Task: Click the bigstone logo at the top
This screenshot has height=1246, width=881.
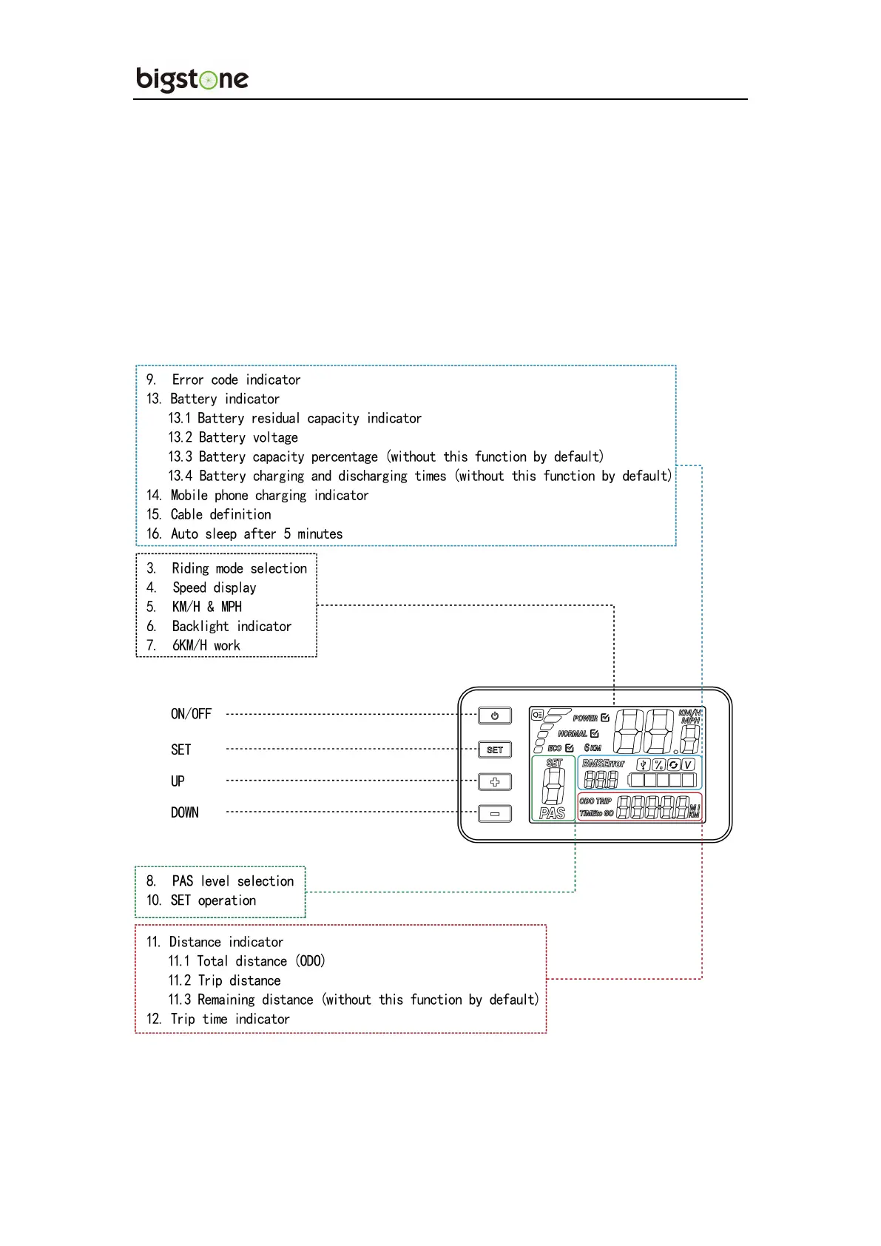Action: point(192,79)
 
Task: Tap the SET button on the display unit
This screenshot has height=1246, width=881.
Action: point(495,750)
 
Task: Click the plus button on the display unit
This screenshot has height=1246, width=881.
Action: point(495,782)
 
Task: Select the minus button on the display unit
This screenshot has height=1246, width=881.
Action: point(495,814)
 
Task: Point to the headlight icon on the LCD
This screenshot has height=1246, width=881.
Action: point(537,715)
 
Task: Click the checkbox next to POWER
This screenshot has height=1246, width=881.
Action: point(605,718)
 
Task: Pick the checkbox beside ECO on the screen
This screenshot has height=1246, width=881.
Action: point(569,748)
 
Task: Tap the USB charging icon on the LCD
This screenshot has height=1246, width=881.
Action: point(644,765)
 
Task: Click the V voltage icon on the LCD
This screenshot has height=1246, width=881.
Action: point(688,765)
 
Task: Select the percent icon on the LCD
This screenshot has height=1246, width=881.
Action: point(658,765)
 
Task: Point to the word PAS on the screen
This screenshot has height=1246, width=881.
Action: point(553,813)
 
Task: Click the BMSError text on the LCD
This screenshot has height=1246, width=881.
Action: point(603,764)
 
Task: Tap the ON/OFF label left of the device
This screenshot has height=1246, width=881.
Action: point(191,714)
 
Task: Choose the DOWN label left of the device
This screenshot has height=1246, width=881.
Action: point(184,812)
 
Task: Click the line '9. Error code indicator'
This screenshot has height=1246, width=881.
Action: point(223,380)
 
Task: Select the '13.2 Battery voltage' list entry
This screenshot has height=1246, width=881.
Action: point(233,437)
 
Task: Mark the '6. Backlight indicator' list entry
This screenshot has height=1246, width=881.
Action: point(219,626)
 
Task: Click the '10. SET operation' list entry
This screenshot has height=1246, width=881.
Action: point(201,900)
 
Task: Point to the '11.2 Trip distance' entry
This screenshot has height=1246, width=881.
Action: point(224,980)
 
